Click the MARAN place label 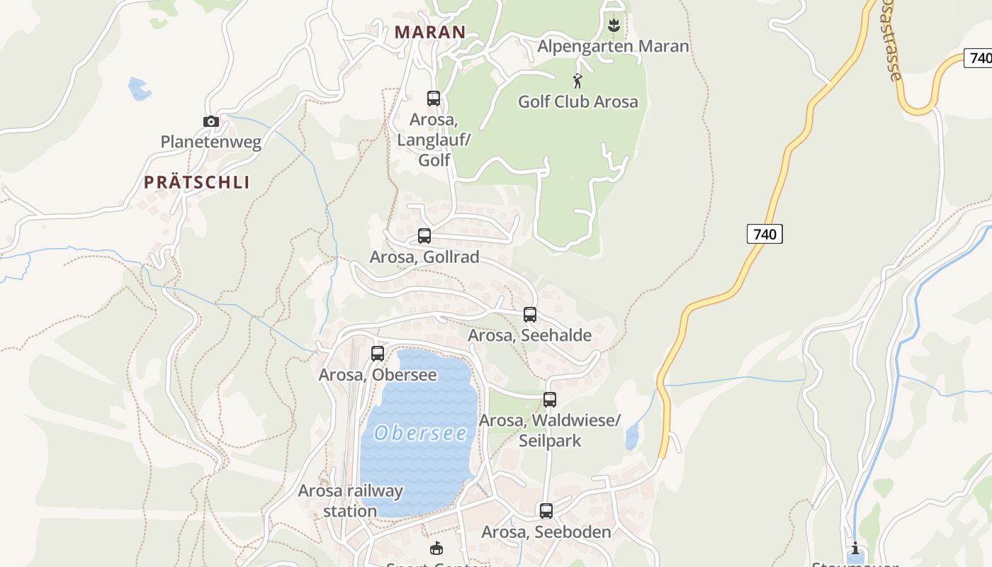tap(430, 32)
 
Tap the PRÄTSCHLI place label tap(197, 182)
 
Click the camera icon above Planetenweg tap(211, 121)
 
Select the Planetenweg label tap(211, 142)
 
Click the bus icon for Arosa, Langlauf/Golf tap(434, 99)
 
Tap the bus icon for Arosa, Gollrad tap(424, 236)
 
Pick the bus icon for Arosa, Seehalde tap(530, 315)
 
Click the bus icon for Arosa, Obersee tap(378, 353)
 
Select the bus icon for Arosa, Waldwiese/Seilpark tap(550, 400)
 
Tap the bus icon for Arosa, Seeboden tap(546, 510)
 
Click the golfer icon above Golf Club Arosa tap(577, 81)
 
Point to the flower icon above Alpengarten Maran tap(614, 26)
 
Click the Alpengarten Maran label tap(613, 47)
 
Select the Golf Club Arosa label tap(577, 101)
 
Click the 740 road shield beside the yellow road tap(765, 233)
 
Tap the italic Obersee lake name tap(421, 433)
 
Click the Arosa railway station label tap(350, 500)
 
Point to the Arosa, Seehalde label tap(529, 335)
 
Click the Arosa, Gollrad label tap(424, 257)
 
